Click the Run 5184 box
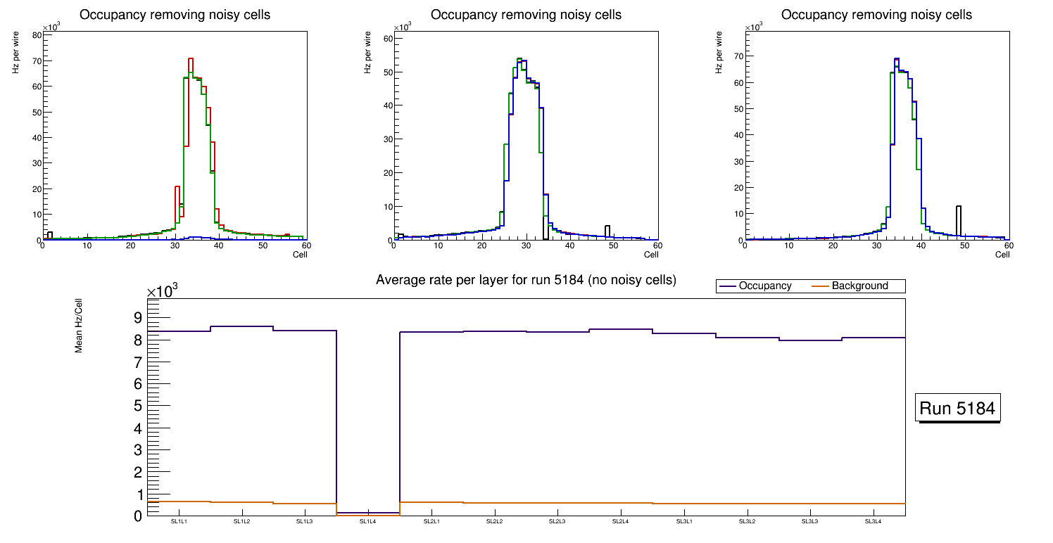[x=959, y=408]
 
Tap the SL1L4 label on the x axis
[x=368, y=522]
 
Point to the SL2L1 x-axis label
[x=431, y=522]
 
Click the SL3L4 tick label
[x=873, y=522]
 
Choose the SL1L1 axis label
[x=179, y=522]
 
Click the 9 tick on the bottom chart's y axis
[x=137, y=318]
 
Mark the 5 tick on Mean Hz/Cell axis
[x=137, y=407]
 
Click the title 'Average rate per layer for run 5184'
[x=526, y=280]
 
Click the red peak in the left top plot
[x=191, y=59]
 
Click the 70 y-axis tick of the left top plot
[x=35, y=61]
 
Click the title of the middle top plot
[x=526, y=15]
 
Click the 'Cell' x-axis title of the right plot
[x=1002, y=255]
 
